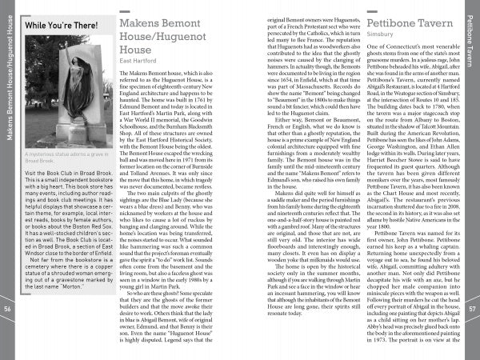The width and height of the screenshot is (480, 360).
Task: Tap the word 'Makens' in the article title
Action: click(143, 23)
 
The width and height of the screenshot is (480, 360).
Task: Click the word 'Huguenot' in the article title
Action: click(175, 37)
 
